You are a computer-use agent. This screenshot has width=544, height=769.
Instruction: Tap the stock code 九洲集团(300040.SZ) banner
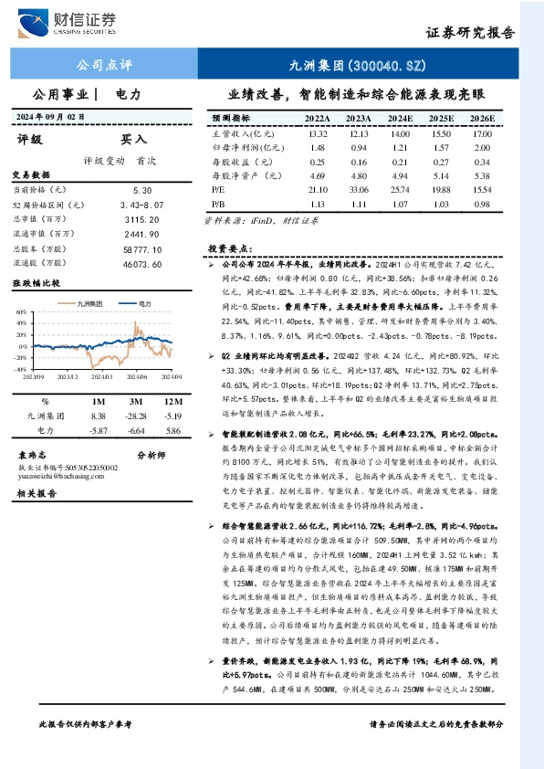(x=350, y=66)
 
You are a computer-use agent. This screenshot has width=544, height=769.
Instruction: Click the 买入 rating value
(x=134, y=141)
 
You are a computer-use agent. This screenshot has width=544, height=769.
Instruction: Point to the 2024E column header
(x=400, y=119)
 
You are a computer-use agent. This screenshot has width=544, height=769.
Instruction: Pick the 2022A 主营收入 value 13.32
(x=318, y=133)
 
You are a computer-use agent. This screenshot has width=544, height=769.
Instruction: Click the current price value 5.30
(x=141, y=189)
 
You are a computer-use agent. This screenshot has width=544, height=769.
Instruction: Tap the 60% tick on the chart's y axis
(x=21, y=311)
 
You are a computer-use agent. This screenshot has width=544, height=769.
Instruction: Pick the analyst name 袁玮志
(x=34, y=454)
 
